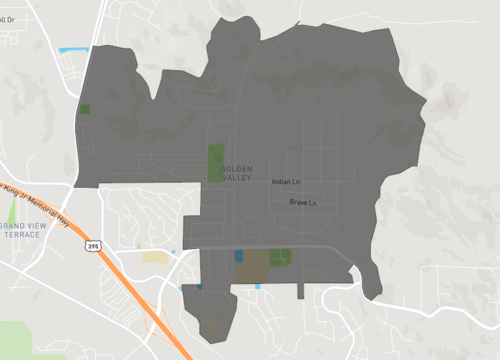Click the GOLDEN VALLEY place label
pyautogui.click(x=237, y=171)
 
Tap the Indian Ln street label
pyautogui.click(x=286, y=182)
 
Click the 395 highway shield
pyautogui.click(x=93, y=245)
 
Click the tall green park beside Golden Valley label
pyautogui.click(x=216, y=162)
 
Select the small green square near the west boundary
pyautogui.click(x=84, y=109)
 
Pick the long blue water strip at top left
pyautogui.click(x=74, y=49)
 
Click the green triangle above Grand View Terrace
pyautogui.click(x=13, y=211)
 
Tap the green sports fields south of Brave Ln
pyautogui.click(x=281, y=256)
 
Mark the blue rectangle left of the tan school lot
pyautogui.click(x=238, y=255)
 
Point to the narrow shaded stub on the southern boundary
pyautogui.click(x=301, y=291)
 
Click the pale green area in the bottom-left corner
pyautogui.click(x=18, y=340)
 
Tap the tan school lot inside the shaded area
pyautogui.click(x=255, y=265)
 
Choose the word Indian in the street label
pyautogui.click(x=280, y=182)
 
